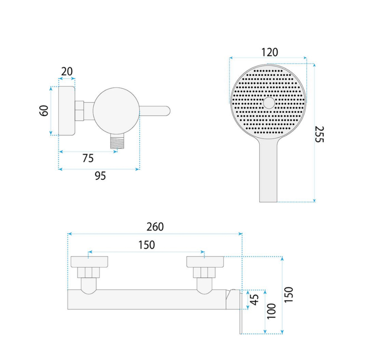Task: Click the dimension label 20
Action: (x=67, y=72)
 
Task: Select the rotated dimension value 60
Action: (x=44, y=111)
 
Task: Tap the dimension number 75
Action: (x=88, y=158)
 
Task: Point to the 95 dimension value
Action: (x=100, y=176)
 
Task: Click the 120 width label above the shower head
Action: (x=270, y=52)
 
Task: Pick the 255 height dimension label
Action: (x=320, y=134)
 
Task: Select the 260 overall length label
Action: (x=155, y=227)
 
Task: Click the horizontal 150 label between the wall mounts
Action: (x=147, y=245)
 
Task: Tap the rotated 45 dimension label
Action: (x=255, y=300)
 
